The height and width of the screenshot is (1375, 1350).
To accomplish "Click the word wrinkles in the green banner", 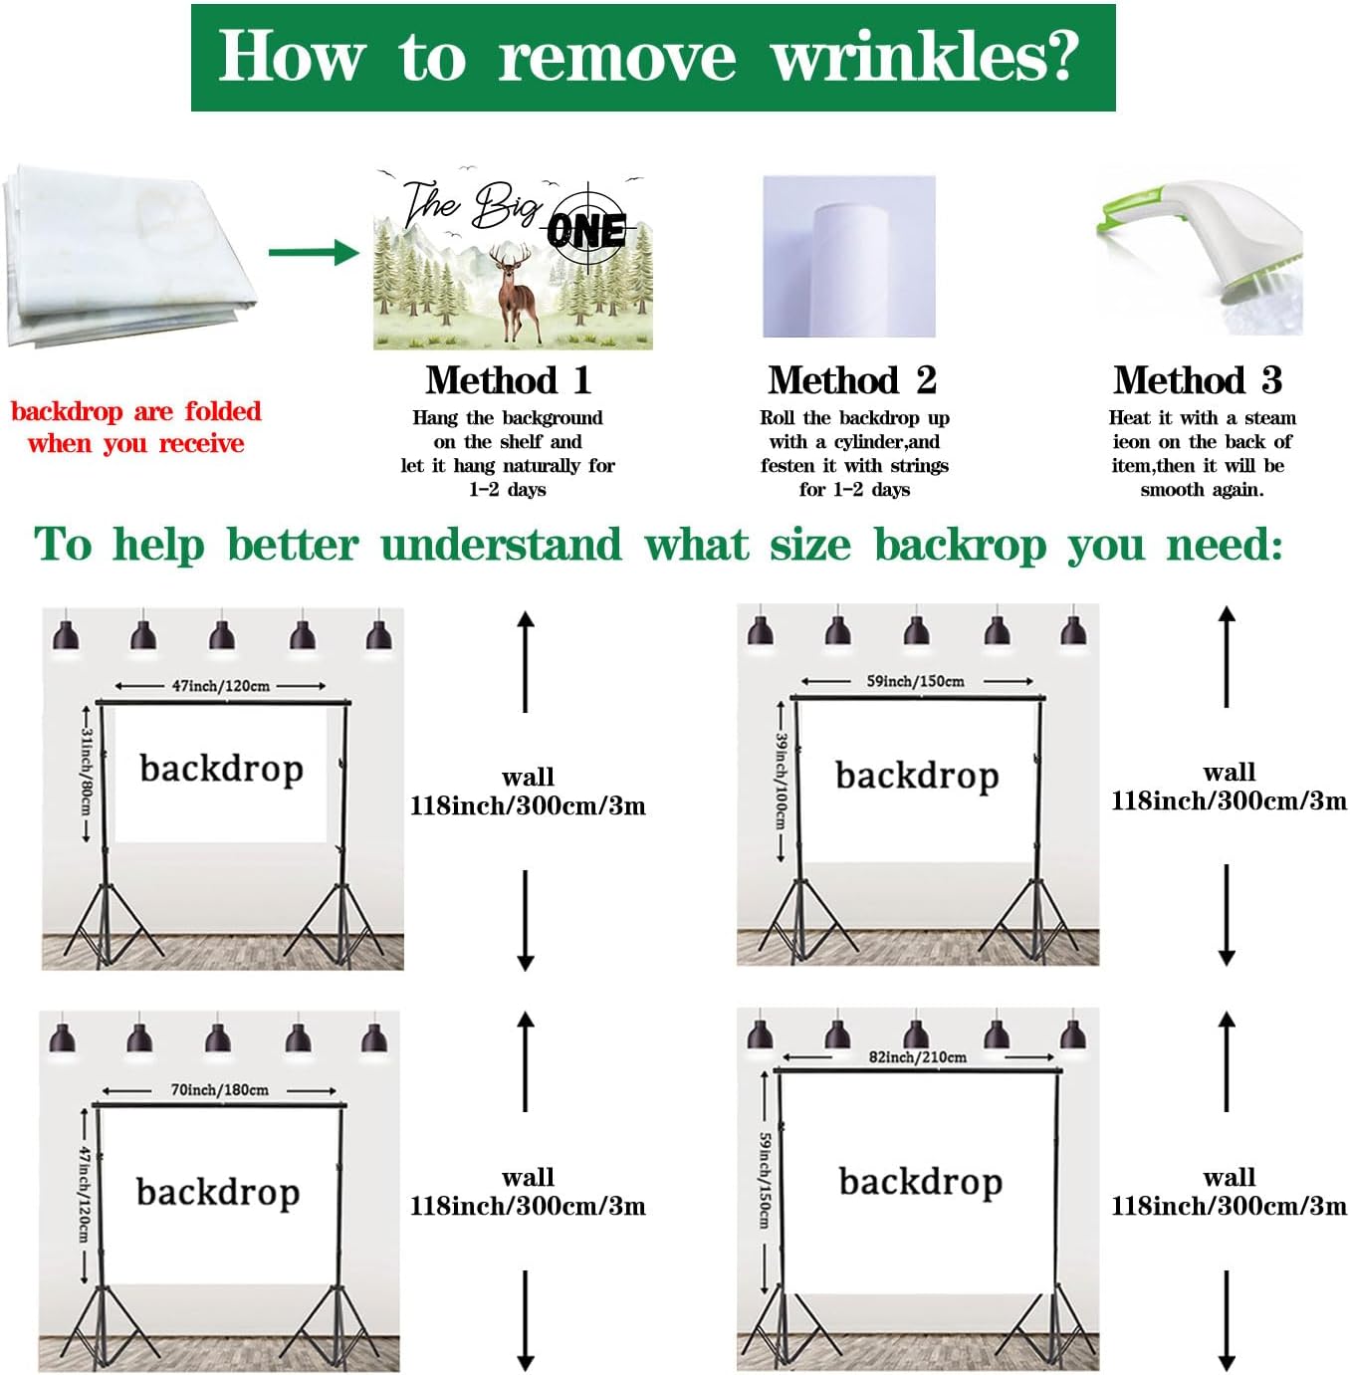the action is tap(926, 56).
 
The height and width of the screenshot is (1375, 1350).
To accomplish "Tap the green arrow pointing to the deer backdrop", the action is tap(314, 252).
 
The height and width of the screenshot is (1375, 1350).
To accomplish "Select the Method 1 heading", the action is tap(508, 379).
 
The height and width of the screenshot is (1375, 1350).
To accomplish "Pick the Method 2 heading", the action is tap(852, 379).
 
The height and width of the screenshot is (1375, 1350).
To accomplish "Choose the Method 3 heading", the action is tap(1198, 379).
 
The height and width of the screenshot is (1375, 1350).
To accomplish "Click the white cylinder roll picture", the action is tap(849, 256).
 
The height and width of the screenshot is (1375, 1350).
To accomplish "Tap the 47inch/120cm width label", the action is tap(220, 686).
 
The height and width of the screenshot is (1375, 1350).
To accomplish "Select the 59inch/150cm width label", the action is tap(916, 681).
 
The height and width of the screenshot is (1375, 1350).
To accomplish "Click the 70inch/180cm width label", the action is tap(220, 1089).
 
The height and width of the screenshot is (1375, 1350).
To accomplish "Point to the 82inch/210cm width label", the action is tap(918, 1056).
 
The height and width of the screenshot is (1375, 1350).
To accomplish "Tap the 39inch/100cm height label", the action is tap(782, 781).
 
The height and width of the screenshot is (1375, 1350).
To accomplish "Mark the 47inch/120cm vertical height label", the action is tap(85, 1194).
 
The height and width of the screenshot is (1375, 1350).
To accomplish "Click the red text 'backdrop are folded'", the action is tap(136, 412).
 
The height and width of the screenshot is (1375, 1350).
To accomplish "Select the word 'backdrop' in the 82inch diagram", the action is tap(921, 1183).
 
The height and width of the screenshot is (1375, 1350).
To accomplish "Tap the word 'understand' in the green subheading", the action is tap(501, 546).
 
